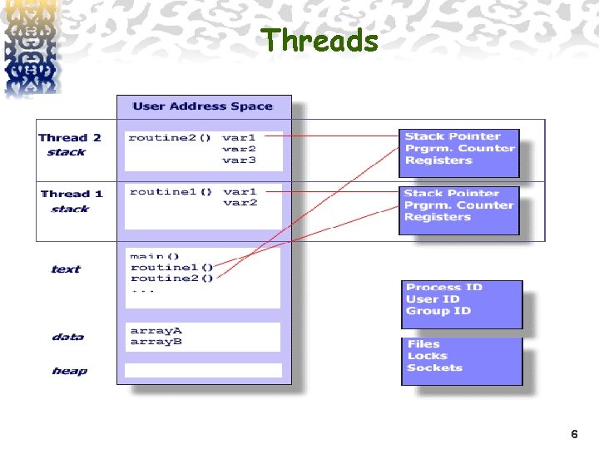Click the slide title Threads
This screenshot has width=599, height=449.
321,40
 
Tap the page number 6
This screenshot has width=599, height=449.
574,435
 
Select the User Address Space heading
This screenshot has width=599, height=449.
202,106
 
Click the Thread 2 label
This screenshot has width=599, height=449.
70,138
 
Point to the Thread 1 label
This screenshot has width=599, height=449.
72,194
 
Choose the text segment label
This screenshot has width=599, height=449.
66,269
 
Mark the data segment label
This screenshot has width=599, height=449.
67,337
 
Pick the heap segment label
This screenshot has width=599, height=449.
69,371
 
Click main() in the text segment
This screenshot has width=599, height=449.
155,256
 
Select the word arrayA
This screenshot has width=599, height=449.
156,331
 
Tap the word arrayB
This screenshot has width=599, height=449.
156,342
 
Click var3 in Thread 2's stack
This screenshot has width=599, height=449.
240,160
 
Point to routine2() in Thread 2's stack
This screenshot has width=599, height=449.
170,137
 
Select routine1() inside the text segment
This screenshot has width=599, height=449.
171,267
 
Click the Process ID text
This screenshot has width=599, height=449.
444,288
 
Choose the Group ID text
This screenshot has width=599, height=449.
438,311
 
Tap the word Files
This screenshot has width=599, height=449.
423,344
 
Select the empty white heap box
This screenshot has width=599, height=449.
203,371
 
